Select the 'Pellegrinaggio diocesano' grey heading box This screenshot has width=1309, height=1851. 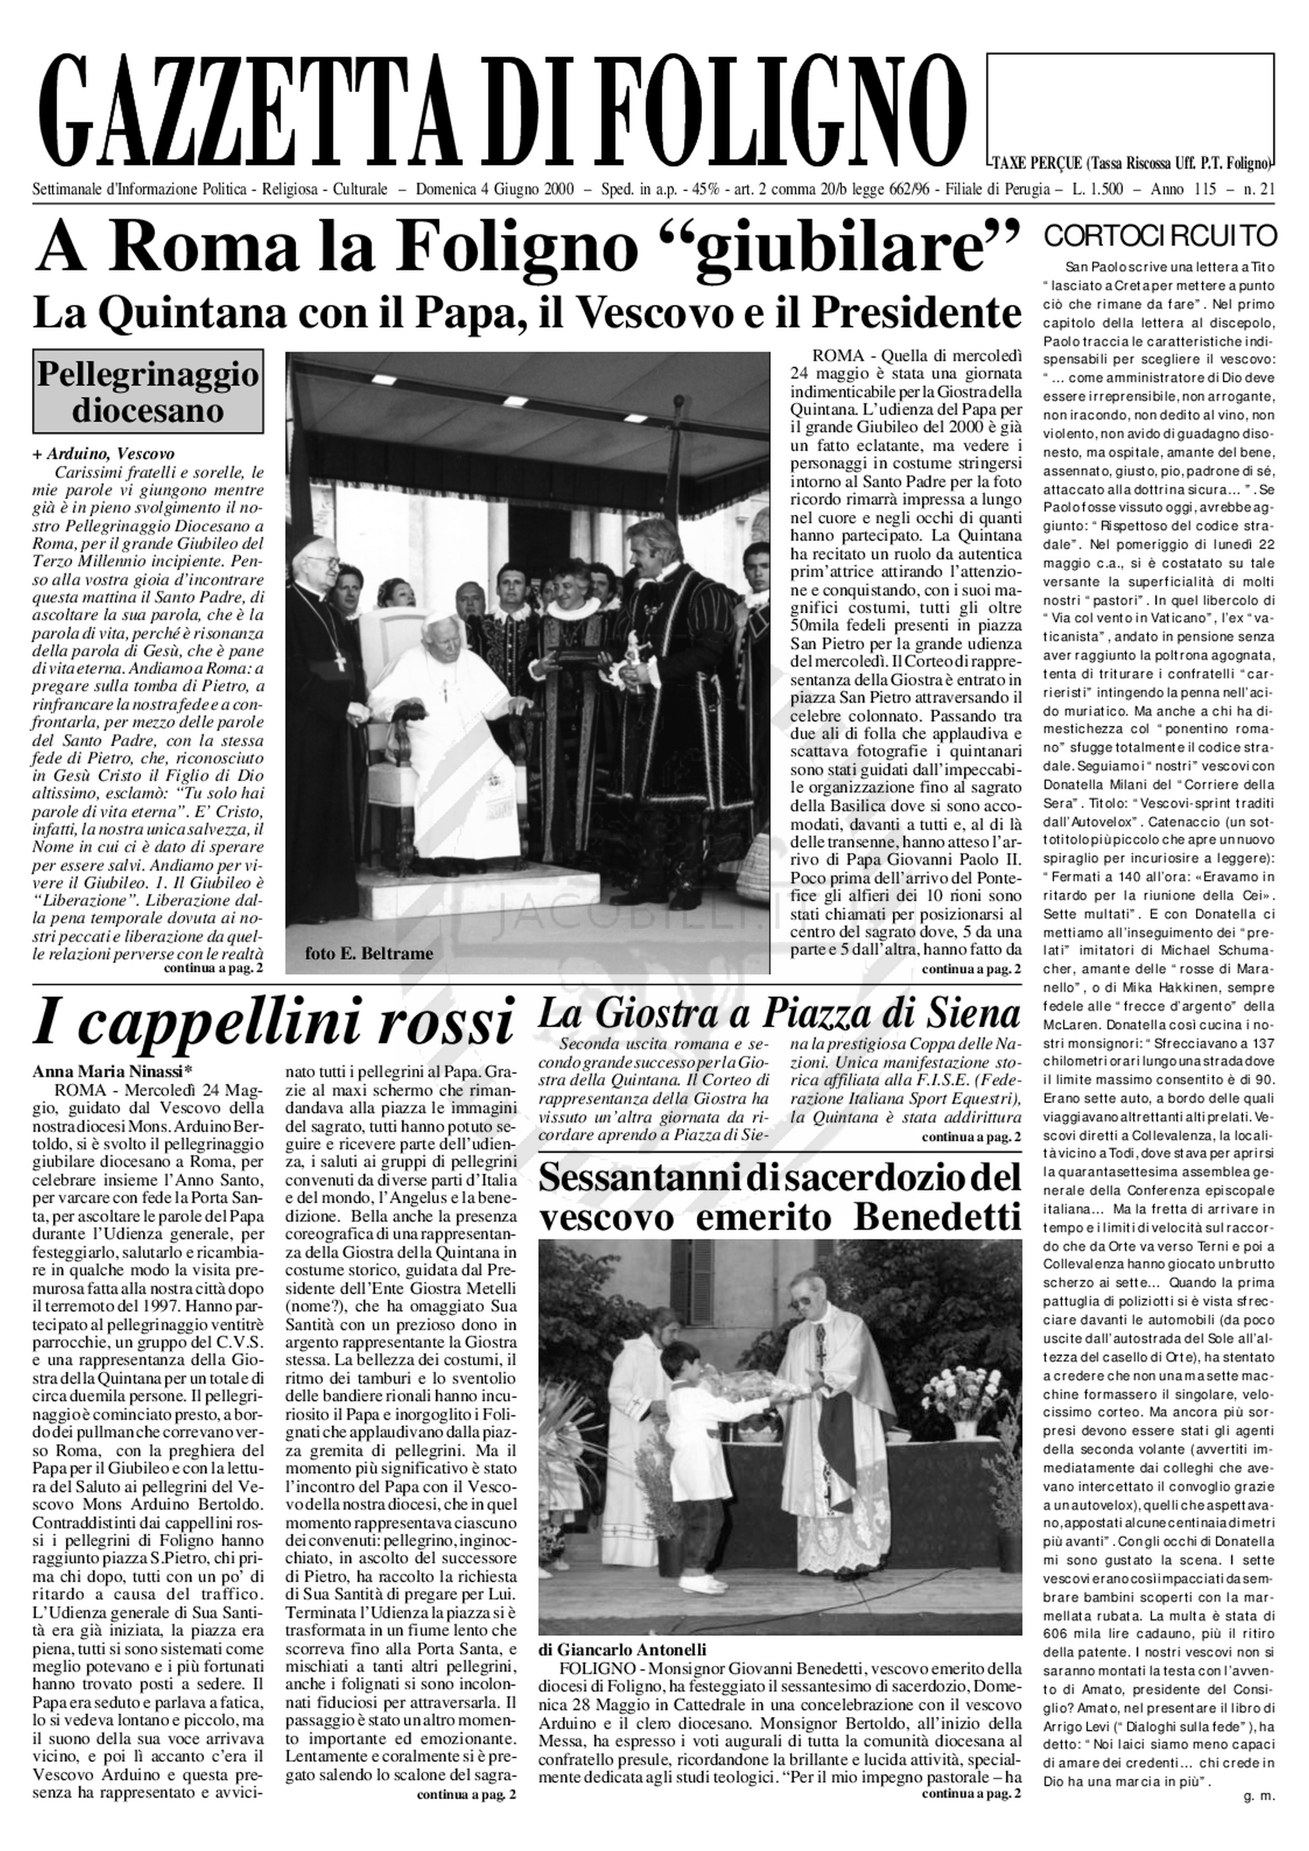(x=148, y=392)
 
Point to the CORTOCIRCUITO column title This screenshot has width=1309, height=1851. (x=1160, y=236)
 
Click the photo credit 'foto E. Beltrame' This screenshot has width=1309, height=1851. (x=369, y=954)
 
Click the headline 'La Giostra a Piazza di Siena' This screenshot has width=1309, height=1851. (x=779, y=1013)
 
